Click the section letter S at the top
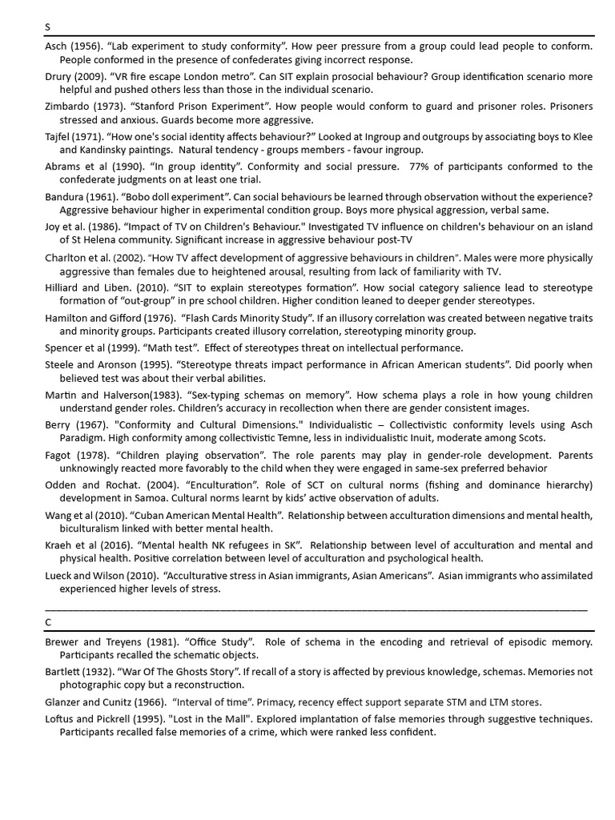click(47, 26)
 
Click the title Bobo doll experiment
click(161, 197)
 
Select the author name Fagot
click(59, 455)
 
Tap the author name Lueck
click(60, 575)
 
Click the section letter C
click(48, 621)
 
